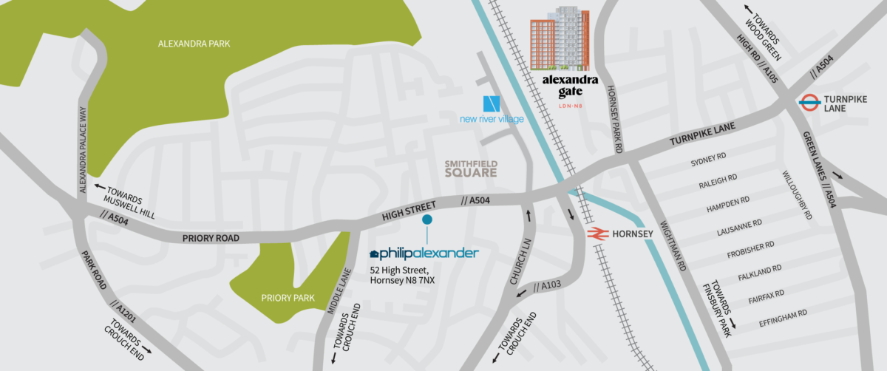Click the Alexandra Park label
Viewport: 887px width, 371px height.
(x=194, y=44)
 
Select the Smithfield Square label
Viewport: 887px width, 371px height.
(x=470, y=168)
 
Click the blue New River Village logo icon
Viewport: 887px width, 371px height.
(x=492, y=104)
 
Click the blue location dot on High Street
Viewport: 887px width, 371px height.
(x=426, y=219)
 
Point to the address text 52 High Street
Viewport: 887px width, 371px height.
(x=402, y=271)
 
